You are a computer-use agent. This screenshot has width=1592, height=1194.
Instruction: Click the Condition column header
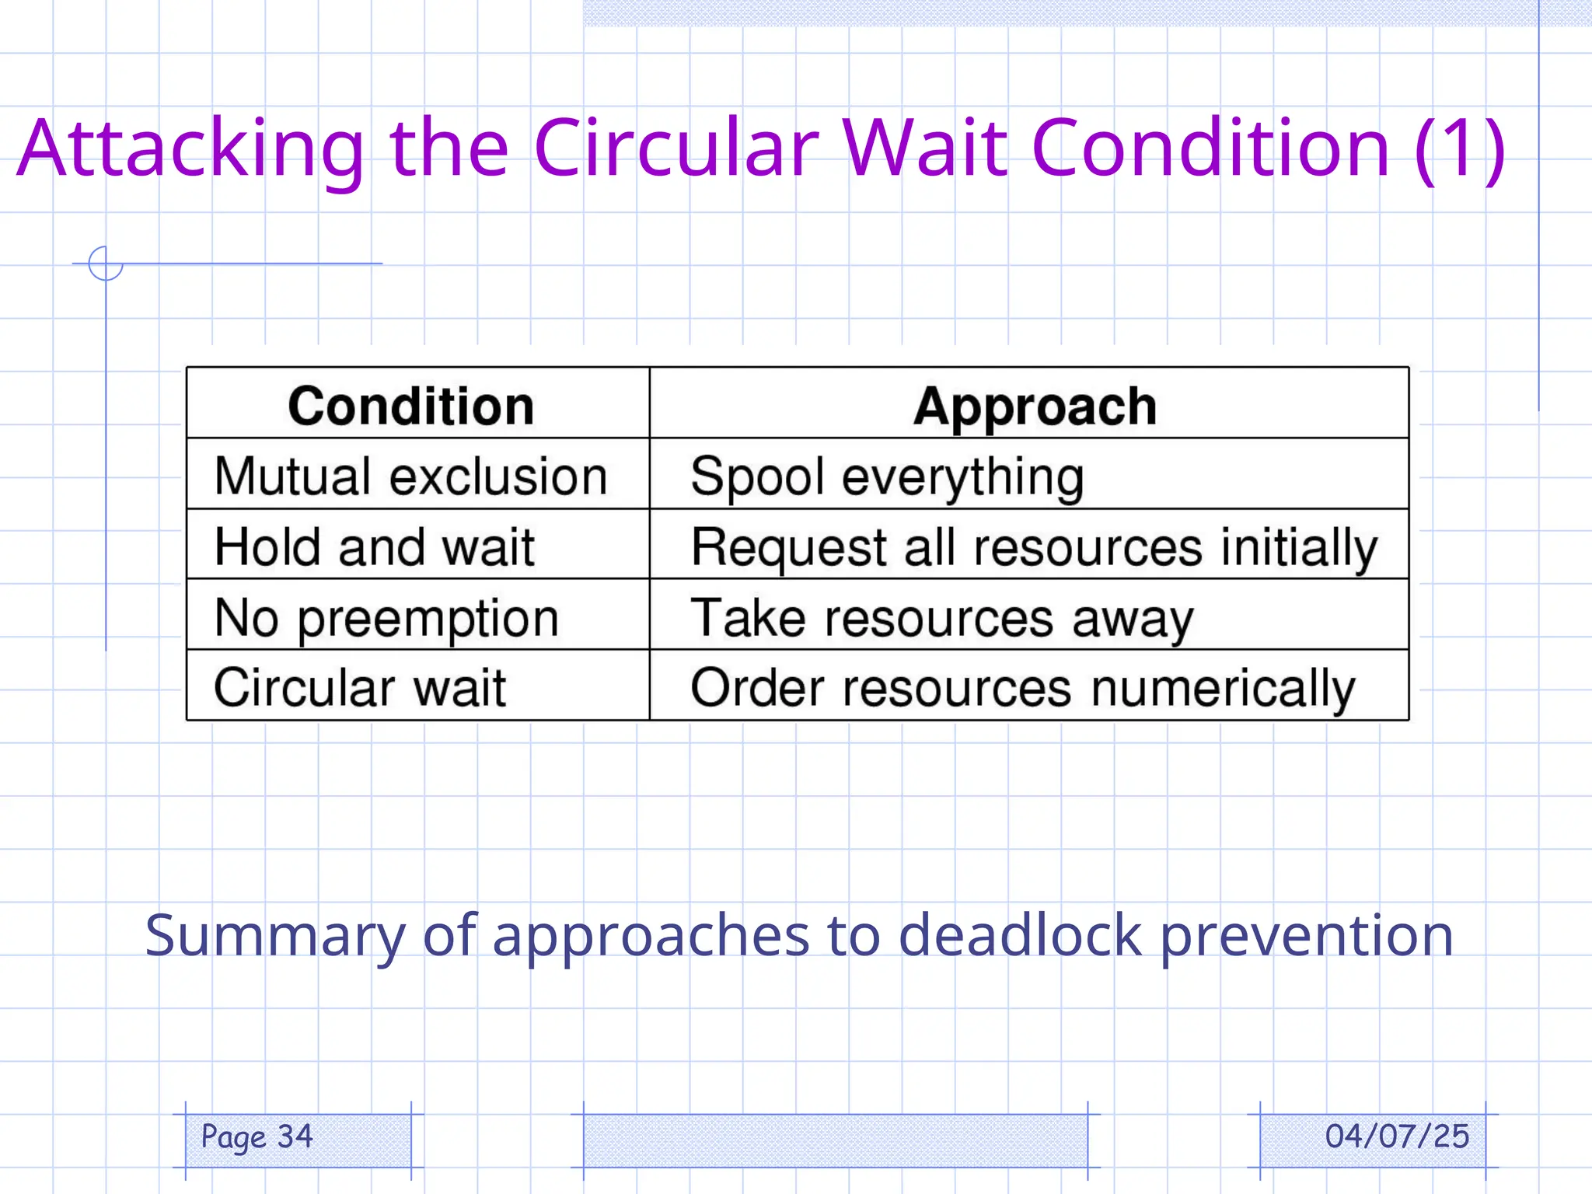[411, 406]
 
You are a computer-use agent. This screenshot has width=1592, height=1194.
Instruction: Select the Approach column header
[1035, 406]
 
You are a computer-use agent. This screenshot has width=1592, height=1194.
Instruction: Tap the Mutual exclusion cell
[410, 476]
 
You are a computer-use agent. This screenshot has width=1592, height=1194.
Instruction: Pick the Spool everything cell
[887, 476]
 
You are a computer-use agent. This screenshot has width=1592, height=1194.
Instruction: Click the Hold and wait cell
[375, 546]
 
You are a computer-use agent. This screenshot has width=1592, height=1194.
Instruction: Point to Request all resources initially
[1034, 547]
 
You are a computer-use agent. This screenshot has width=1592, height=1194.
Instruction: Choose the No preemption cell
[386, 618]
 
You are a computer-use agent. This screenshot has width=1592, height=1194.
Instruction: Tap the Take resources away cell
[941, 618]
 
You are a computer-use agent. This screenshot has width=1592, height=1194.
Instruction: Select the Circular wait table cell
[360, 687]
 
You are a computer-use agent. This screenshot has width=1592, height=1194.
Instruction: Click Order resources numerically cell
[1023, 688]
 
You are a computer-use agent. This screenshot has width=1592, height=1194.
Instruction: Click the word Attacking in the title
[190, 148]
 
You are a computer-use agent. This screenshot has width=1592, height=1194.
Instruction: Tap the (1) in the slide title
[1460, 148]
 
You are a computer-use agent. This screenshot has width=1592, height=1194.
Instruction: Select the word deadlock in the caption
[1019, 935]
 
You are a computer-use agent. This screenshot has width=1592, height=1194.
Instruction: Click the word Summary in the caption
[274, 935]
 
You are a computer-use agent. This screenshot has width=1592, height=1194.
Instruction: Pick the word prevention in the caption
[1307, 935]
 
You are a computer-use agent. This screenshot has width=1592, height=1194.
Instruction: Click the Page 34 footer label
[257, 1136]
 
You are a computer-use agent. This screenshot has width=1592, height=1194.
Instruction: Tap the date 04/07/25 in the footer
[1397, 1136]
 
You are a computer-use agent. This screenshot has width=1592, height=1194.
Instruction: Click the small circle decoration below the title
[106, 264]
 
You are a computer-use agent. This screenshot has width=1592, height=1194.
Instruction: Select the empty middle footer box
[835, 1140]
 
